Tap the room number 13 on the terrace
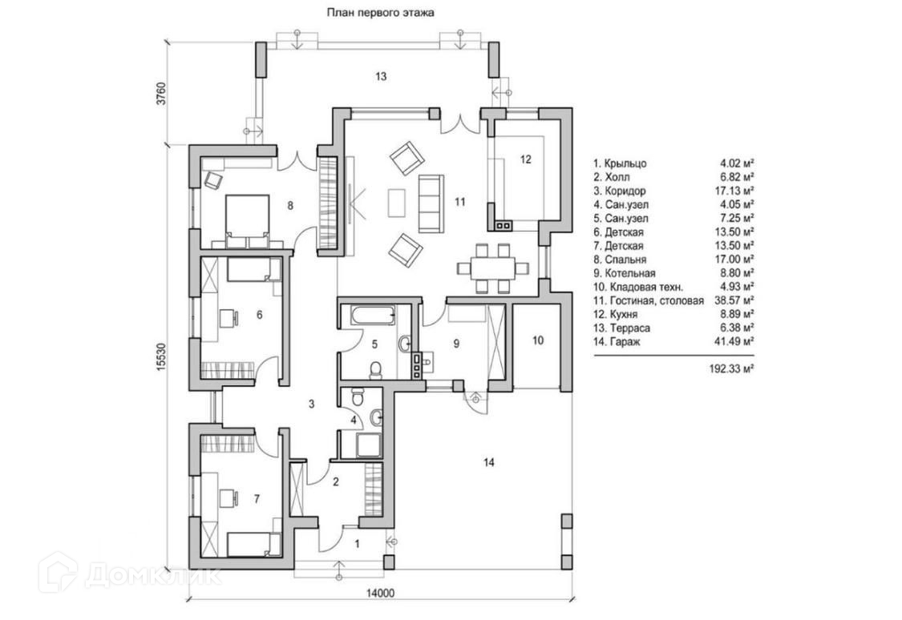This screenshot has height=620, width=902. pyautogui.click(x=381, y=76)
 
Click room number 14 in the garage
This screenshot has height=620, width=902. pyautogui.click(x=490, y=461)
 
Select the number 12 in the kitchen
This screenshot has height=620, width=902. pyautogui.click(x=525, y=159)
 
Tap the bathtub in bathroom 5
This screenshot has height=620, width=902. pyautogui.click(x=368, y=315)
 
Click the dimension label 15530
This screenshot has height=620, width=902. pyautogui.click(x=160, y=356)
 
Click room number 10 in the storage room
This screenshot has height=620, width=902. pyautogui.click(x=537, y=340)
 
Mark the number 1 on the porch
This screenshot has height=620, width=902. pyautogui.click(x=358, y=544)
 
